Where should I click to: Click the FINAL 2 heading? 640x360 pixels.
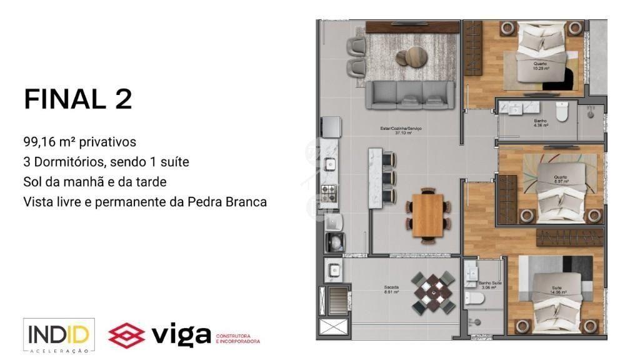(78, 99)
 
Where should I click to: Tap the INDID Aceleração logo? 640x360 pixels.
(59, 336)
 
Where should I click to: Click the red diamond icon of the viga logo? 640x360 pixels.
(126, 335)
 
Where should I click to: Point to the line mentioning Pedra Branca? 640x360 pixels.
(145, 202)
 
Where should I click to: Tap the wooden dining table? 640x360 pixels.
(427, 215)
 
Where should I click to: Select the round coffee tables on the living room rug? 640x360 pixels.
(414, 57)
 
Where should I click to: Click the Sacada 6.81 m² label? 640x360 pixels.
(392, 290)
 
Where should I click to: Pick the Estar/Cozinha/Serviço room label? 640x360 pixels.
(401, 131)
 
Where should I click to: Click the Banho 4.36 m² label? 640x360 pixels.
(541, 122)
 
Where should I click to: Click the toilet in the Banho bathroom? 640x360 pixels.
(562, 112)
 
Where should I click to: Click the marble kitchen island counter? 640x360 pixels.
(375, 178)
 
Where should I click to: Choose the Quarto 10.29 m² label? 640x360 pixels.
(540, 66)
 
